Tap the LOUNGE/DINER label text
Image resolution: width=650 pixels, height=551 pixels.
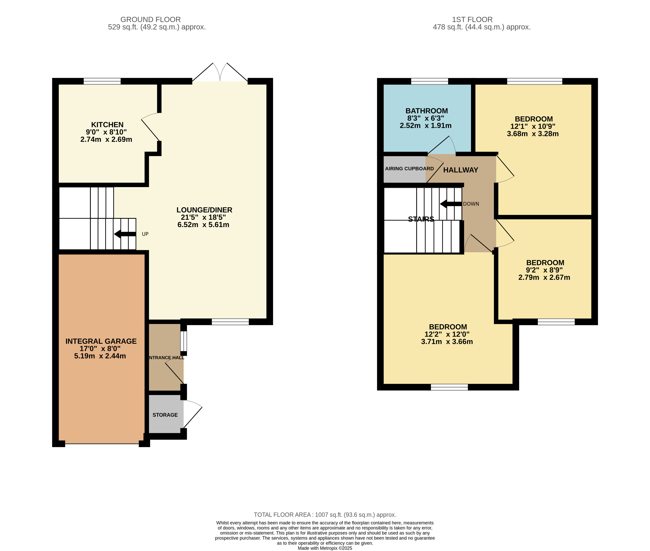(204, 210)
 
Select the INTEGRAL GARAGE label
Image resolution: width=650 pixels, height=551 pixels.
(101, 341)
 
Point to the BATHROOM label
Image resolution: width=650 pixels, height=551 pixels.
(426, 111)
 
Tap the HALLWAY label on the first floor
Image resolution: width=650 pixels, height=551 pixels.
(461, 170)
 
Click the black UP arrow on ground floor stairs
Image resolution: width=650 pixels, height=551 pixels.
(125, 234)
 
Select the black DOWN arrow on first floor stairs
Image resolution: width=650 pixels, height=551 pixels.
(451, 204)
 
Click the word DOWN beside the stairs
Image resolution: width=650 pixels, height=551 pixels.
(471, 204)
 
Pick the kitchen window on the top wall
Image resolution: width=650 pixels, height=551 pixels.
(102, 81)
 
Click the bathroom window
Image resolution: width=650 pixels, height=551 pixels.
(429, 81)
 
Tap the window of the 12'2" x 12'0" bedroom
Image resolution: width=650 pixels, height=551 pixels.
(449, 387)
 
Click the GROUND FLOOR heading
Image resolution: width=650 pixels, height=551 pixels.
(151, 19)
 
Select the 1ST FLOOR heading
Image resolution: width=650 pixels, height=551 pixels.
(472, 19)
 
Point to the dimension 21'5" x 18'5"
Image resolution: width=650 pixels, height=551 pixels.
(204, 217)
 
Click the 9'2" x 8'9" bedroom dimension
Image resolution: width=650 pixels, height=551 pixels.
(544, 270)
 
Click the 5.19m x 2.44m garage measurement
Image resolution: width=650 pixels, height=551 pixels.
(100, 356)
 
